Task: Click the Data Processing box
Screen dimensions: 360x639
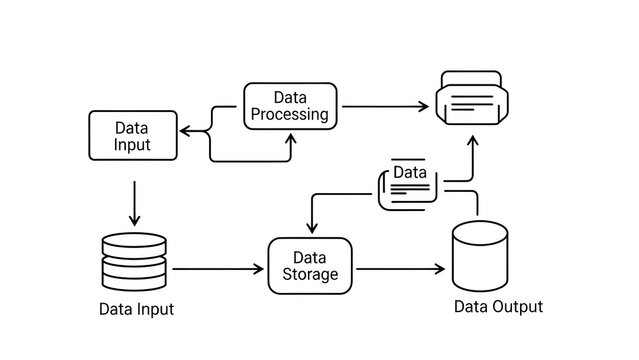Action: [x=290, y=105]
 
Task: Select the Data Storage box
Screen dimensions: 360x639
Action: [x=310, y=266]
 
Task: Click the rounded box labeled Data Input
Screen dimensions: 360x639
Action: [x=132, y=136]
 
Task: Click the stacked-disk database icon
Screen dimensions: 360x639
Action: [x=134, y=261]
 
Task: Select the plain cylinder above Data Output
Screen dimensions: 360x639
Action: [x=479, y=257]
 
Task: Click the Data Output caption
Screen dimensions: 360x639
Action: [x=498, y=307]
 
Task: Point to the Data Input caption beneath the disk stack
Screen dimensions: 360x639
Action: [x=136, y=309]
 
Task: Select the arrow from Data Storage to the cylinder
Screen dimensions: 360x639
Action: [x=400, y=269]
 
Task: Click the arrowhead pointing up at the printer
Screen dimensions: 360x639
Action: [x=474, y=142]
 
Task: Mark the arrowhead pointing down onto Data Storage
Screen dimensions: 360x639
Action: [x=311, y=228]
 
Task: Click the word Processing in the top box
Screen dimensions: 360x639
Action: [x=290, y=114]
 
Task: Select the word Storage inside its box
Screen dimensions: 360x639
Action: [x=310, y=274]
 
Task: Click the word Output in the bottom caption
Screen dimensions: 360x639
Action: [x=520, y=307]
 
